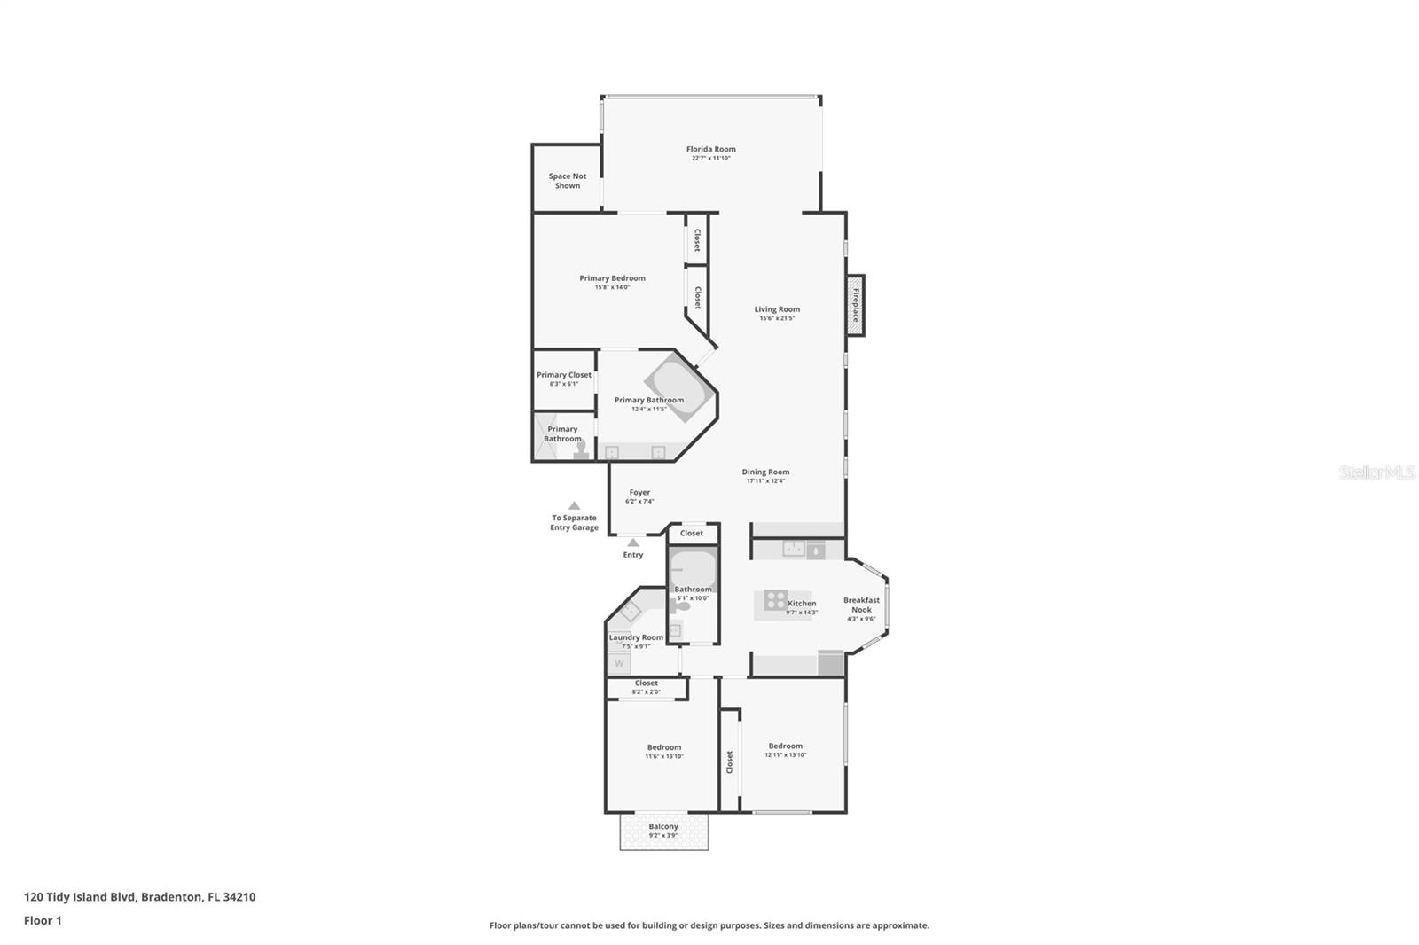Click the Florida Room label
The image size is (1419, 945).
tap(710, 149)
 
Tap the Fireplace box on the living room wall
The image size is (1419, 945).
tap(855, 305)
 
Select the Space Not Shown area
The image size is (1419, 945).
tap(567, 181)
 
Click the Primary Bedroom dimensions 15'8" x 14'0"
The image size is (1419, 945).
tap(612, 287)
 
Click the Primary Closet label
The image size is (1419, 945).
tap(563, 375)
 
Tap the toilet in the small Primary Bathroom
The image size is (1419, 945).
tap(581, 450)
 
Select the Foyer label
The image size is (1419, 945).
tap(639, 493)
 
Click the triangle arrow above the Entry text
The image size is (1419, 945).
tap(632, 542)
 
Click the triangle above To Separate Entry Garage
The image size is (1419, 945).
tap(574, 505)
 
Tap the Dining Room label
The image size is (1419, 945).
tap(765, 472)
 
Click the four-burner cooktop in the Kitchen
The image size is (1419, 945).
tap(775, 600)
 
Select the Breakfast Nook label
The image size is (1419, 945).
tap(861, 605)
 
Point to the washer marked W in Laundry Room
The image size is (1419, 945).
tap(619, 662)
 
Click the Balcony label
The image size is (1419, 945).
tap(663, 826)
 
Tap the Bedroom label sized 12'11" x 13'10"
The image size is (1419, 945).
tap(786, 746)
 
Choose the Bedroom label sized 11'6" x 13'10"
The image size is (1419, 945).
tap(663, 747)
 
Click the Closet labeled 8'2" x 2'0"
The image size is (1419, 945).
tap(646, 687)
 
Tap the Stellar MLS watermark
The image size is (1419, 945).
tap(1376, 472)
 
